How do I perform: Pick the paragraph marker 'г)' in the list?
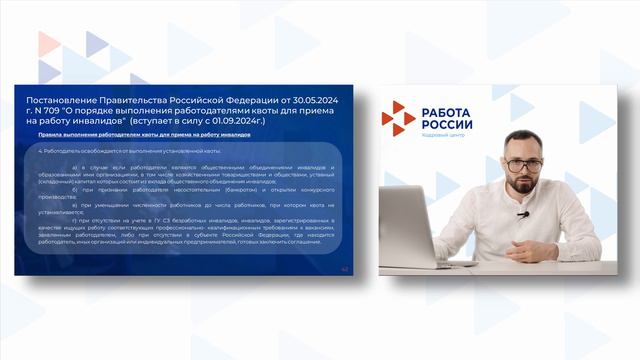point(75,220)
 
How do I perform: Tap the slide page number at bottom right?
point(345,268)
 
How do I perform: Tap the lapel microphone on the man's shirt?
point(522,213)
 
